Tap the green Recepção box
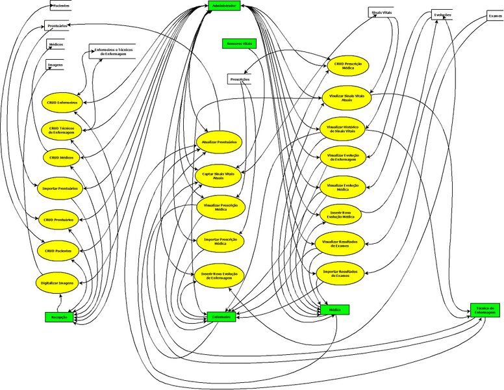tap(60, 317)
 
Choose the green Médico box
tap(335, 310)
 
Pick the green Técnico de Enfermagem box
tap(485, 310)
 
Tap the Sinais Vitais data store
tap(381, 12)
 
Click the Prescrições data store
tap(240, 79)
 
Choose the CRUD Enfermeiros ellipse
tap(62, 103)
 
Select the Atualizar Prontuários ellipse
tap(218, 142)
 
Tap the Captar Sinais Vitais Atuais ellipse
tap(218, 175)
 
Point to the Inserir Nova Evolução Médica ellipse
tap(341, 215)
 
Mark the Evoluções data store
tap(442, 15)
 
